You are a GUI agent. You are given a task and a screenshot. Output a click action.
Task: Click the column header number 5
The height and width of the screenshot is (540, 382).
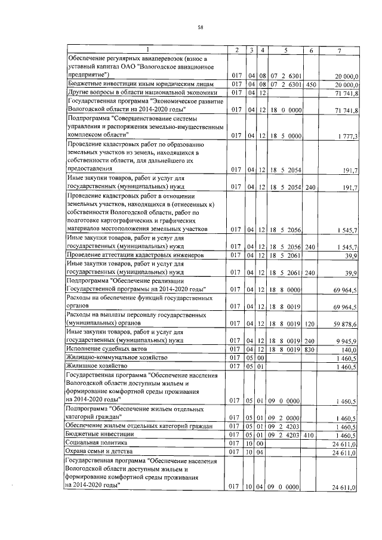[285, 50]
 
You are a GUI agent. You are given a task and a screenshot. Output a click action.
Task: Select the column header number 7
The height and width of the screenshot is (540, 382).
[338, 50]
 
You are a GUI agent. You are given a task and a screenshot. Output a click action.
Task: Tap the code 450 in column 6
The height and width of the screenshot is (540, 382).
[310, 85]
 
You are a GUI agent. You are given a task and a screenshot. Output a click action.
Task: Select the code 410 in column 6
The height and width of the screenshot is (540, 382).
[310, 436]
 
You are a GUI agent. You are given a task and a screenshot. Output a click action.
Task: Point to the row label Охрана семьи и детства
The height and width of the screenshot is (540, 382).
[100, 452]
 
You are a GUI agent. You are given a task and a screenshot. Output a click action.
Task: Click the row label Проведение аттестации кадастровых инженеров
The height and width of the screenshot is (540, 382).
[135, 255]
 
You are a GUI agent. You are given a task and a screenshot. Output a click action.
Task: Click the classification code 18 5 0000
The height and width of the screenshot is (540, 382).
[285, 136]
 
